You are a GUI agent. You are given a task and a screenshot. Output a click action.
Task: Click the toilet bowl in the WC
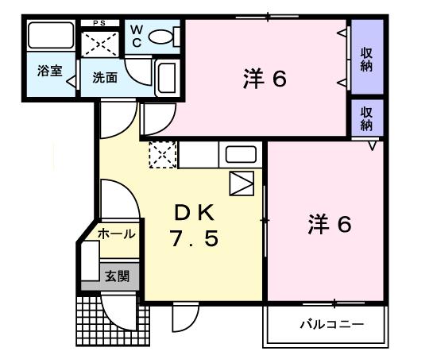tap(160, 37)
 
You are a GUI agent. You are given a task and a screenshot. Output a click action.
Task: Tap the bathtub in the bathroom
tap(51, 36)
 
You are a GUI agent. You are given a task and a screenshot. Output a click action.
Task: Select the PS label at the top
tap(99, 23)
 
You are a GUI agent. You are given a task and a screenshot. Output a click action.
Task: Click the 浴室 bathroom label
tap(50, 71)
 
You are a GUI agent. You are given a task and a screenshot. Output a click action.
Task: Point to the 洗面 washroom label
tap(105, 78)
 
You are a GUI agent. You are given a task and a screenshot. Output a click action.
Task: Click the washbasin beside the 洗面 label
tap(167, 78)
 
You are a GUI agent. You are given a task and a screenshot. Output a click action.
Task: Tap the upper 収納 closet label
tap(366, 60)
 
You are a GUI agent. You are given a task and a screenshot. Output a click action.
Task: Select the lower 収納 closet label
tap(366, 118)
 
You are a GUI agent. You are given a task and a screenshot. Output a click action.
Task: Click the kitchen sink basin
tap(241, 155)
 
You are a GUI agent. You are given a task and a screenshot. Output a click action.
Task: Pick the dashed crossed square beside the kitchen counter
tap(163, 155)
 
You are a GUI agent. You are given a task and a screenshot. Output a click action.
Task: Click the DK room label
tap(195, 213)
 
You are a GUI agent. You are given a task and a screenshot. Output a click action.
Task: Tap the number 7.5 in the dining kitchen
tap(195, 238)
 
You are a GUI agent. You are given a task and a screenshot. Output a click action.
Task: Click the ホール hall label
tap(117, 234)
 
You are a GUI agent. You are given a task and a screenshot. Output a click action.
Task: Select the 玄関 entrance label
tap(118, 276)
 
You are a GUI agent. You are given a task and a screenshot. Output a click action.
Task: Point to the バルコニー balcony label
tap(332, 325)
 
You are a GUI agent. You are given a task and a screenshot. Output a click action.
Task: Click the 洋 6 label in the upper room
tap(265, 79)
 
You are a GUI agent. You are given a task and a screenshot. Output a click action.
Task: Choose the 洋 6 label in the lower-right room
tap(330, 225)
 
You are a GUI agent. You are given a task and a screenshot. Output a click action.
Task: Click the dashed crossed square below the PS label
tap(100, 44)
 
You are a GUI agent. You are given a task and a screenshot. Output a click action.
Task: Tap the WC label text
tap(137, 37)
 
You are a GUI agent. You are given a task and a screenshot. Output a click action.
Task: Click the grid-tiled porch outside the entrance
tap(113, 321)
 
